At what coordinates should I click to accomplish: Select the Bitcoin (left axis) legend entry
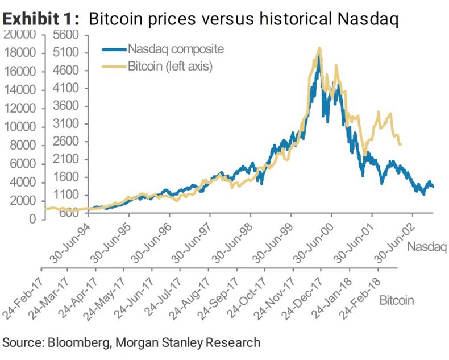[x=170, y=67]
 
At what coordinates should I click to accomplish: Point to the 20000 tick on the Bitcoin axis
[x=20, y=34]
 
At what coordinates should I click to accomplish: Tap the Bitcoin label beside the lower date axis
[x=396, y=300]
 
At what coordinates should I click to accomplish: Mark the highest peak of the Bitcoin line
[x=319, y=48]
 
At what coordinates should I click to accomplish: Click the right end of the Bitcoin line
[x=401, y=144]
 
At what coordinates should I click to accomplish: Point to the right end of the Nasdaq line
[x=433, y=186]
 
